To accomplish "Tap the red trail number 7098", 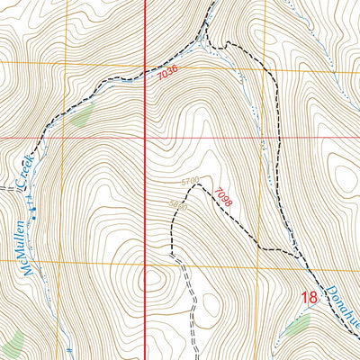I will [223, 197].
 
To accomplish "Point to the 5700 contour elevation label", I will [190, 182].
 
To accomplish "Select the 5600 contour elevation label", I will [178, 204].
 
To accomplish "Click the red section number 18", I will [309, 297].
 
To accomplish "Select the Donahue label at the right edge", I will [337, 317].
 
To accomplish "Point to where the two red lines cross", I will [146, 138].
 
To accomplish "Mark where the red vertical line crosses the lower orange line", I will [146, 262].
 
